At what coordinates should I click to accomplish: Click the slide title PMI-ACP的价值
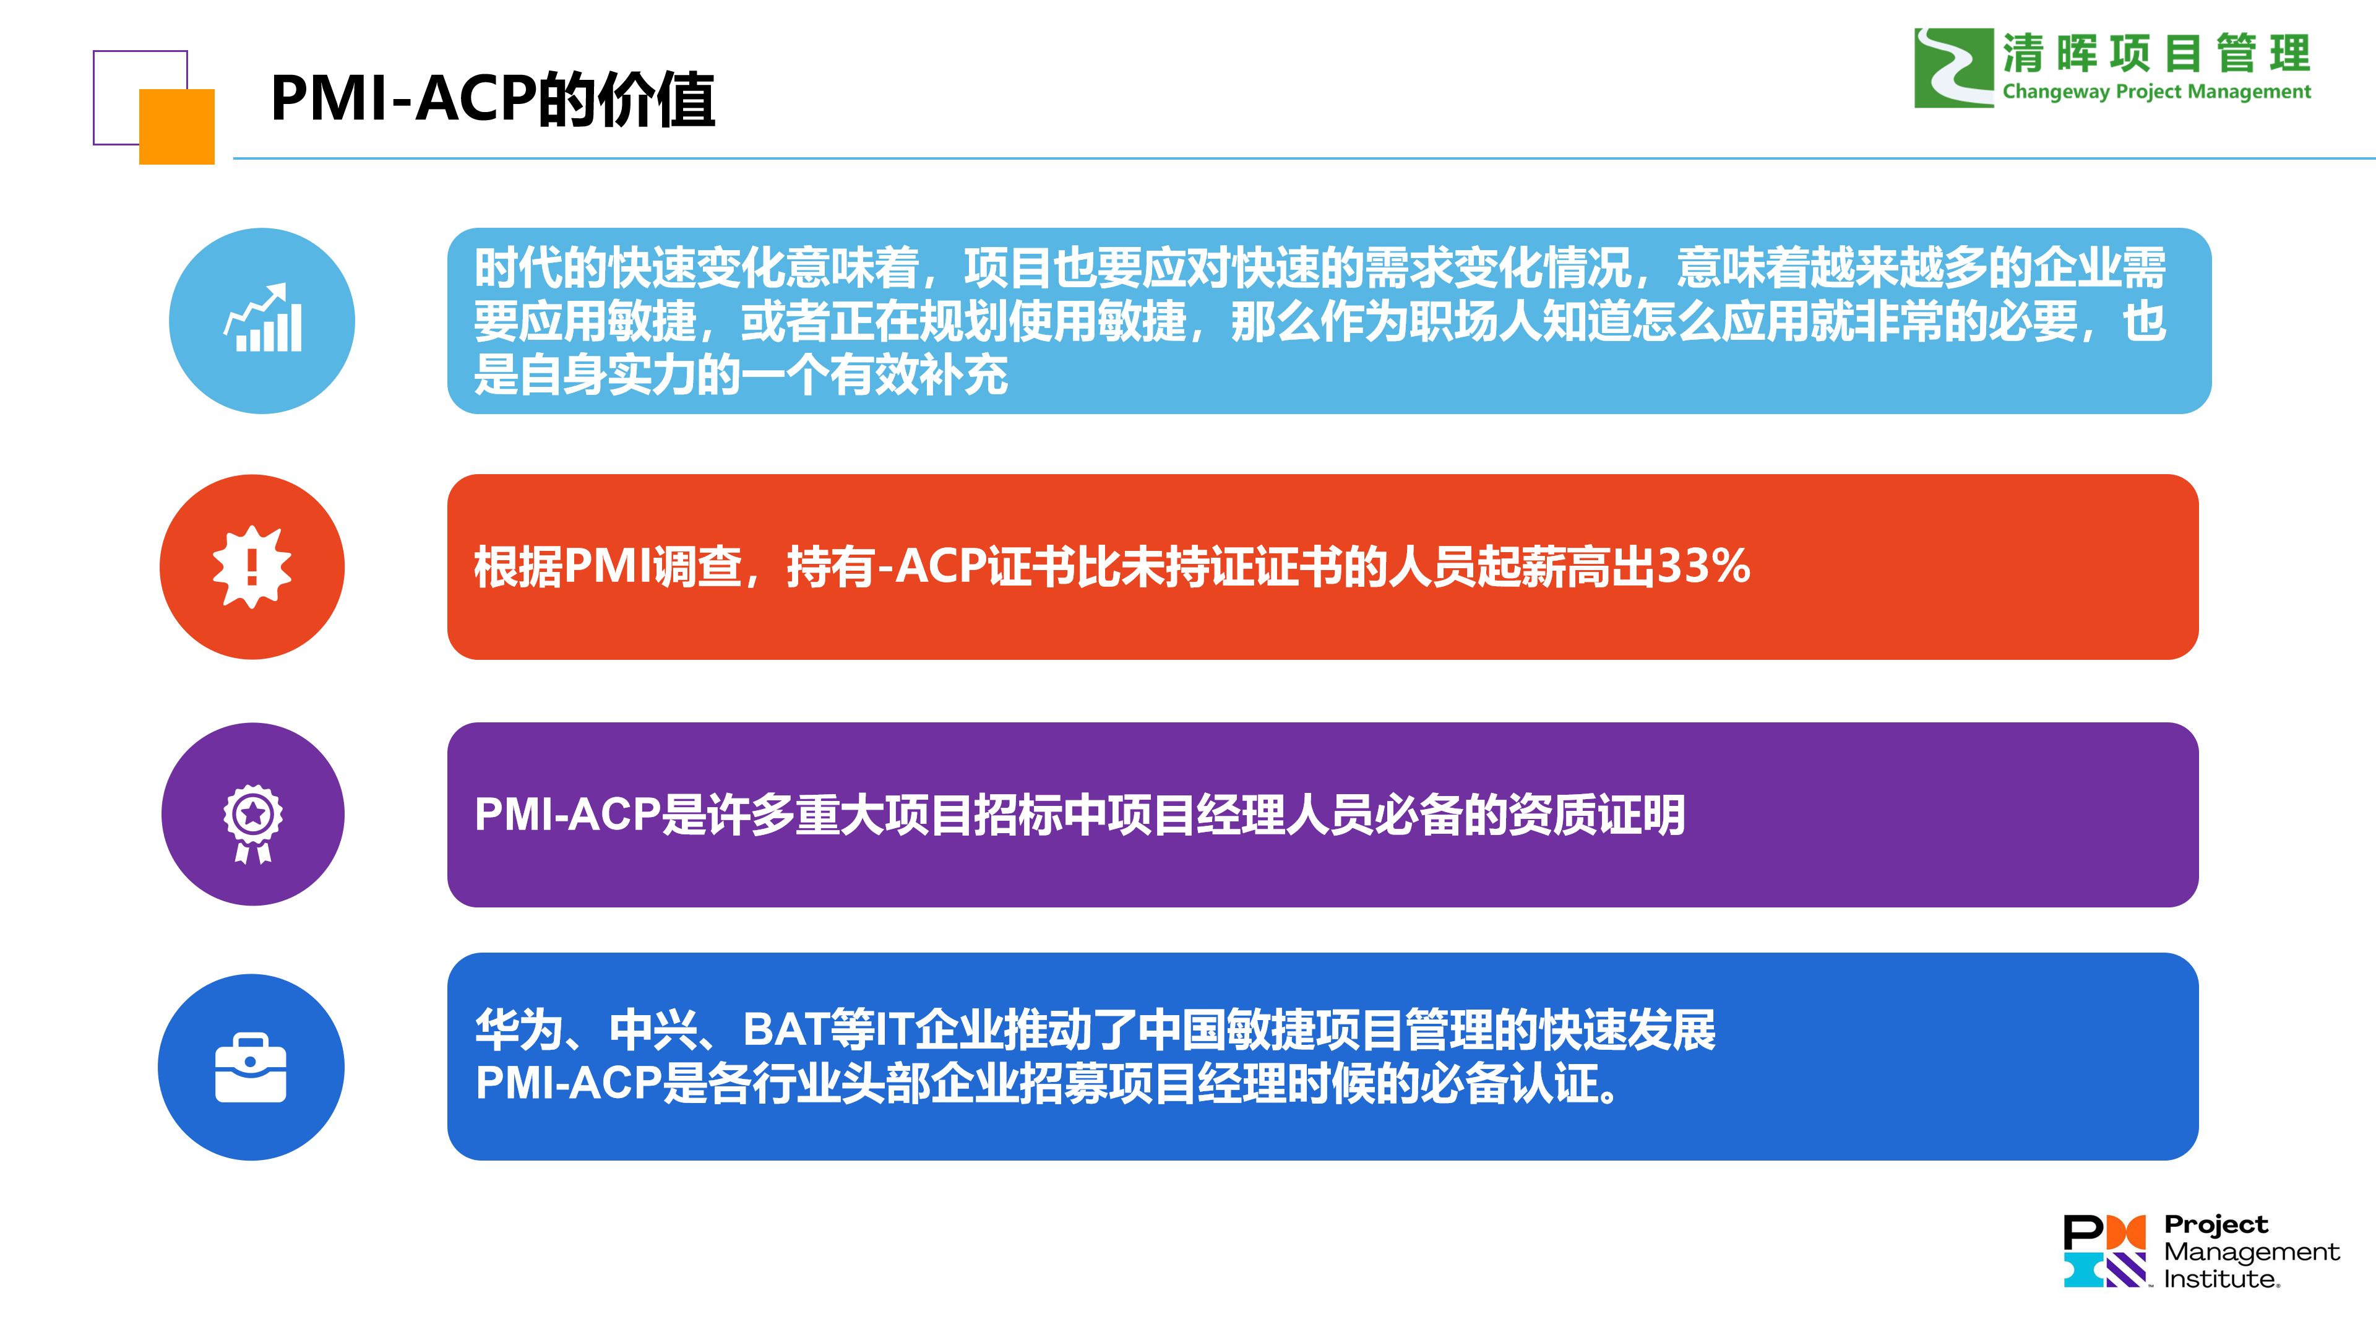click(493, 99)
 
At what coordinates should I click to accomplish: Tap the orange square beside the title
click(177, 126)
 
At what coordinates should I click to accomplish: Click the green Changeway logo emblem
click(1953, 67)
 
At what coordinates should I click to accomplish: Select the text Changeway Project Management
click(2156, 92)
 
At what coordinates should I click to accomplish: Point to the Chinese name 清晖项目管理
click(2156, 53)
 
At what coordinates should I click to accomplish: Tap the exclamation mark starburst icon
click(252, 566)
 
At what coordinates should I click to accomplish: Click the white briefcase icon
click(251, 1068)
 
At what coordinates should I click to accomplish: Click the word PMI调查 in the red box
click(653, 566)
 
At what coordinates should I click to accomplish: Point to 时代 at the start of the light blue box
click(519, 267)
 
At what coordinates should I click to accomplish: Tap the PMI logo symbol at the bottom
click(2105, 1251)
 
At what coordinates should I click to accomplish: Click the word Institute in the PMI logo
click(2221, 1279)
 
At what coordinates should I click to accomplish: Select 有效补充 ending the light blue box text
click(919, 374)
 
